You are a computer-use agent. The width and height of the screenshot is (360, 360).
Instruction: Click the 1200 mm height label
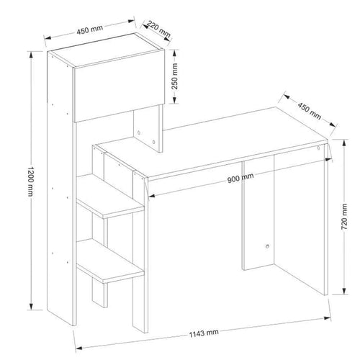[30, 181]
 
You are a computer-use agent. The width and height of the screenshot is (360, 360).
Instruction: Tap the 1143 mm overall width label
[204, 333]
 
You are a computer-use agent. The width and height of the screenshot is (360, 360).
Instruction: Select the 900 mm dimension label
[240, 178]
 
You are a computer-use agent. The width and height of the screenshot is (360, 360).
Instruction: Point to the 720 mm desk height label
[344, 216]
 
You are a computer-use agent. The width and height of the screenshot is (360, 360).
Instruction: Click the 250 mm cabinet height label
[175, 76]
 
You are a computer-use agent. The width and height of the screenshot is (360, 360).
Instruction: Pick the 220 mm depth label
[158, 29]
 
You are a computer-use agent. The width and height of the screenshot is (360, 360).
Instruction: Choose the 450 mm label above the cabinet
[90, 30]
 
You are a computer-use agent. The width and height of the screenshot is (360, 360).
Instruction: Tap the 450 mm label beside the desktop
[310, 111]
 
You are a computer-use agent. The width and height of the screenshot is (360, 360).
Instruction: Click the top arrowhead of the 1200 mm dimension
[31, 55]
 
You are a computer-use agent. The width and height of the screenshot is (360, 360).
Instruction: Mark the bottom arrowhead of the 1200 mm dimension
[31, 307]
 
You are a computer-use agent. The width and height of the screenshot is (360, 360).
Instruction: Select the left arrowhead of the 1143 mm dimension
[79, 348]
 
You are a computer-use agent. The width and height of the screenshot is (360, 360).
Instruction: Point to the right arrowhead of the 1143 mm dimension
[328, 318]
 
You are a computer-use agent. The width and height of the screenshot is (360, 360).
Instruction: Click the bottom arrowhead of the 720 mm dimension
[344, 291]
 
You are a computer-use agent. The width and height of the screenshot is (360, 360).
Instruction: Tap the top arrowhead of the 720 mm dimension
[344, 143]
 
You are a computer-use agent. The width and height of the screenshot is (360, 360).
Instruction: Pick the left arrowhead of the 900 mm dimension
[152, 196]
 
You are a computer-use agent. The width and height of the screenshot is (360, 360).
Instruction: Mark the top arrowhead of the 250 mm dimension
[174, 53]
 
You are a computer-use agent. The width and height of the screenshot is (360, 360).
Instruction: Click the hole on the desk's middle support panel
[267, 246]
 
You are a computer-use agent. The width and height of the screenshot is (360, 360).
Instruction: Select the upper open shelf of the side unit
[110, 197]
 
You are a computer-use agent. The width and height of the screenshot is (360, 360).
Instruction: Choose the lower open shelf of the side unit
[110, 261]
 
